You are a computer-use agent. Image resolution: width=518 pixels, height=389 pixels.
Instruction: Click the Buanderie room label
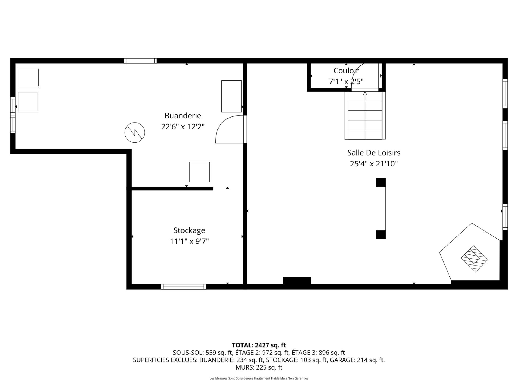click(x=183, y=116)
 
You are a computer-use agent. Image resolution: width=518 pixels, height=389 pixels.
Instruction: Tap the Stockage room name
click(x=189, y=230)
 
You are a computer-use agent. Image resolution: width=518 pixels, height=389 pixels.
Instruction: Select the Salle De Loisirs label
click(x=374, y=153)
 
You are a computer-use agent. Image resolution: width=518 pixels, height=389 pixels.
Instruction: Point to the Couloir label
click(x=346, y=71)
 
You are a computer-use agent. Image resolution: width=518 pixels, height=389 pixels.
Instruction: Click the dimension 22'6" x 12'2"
click(x=183, y=126)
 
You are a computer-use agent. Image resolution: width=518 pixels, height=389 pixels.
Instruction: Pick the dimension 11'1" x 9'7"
click(x=189, y=241)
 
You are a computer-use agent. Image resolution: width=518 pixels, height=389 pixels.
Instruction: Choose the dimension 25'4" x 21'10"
click(x=374, y=164)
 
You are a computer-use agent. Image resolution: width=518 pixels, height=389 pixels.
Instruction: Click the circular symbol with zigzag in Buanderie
click(x=135, y=133)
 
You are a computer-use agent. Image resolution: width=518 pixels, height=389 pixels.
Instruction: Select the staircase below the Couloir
click(x=365, y=115)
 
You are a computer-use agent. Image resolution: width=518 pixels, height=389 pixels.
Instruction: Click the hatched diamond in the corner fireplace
click(x=474, y=259)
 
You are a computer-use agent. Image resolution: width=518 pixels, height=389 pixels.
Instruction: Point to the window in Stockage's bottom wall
click(x=183, y=287)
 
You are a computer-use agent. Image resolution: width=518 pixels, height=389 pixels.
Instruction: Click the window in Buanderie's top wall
click(x=140, y=61)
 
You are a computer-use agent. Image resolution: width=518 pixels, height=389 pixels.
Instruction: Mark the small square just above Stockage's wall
click(x=200, y=172)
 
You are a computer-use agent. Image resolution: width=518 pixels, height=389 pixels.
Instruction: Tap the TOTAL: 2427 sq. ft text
click(x=259, y=345)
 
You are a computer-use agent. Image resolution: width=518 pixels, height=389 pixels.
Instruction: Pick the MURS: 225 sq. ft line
click(x=259, y=367)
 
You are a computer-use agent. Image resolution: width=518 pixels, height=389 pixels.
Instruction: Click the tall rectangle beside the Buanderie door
click(x=231, y=96)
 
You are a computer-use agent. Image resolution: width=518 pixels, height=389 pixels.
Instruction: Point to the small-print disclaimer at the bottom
click(x=259, y=378)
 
